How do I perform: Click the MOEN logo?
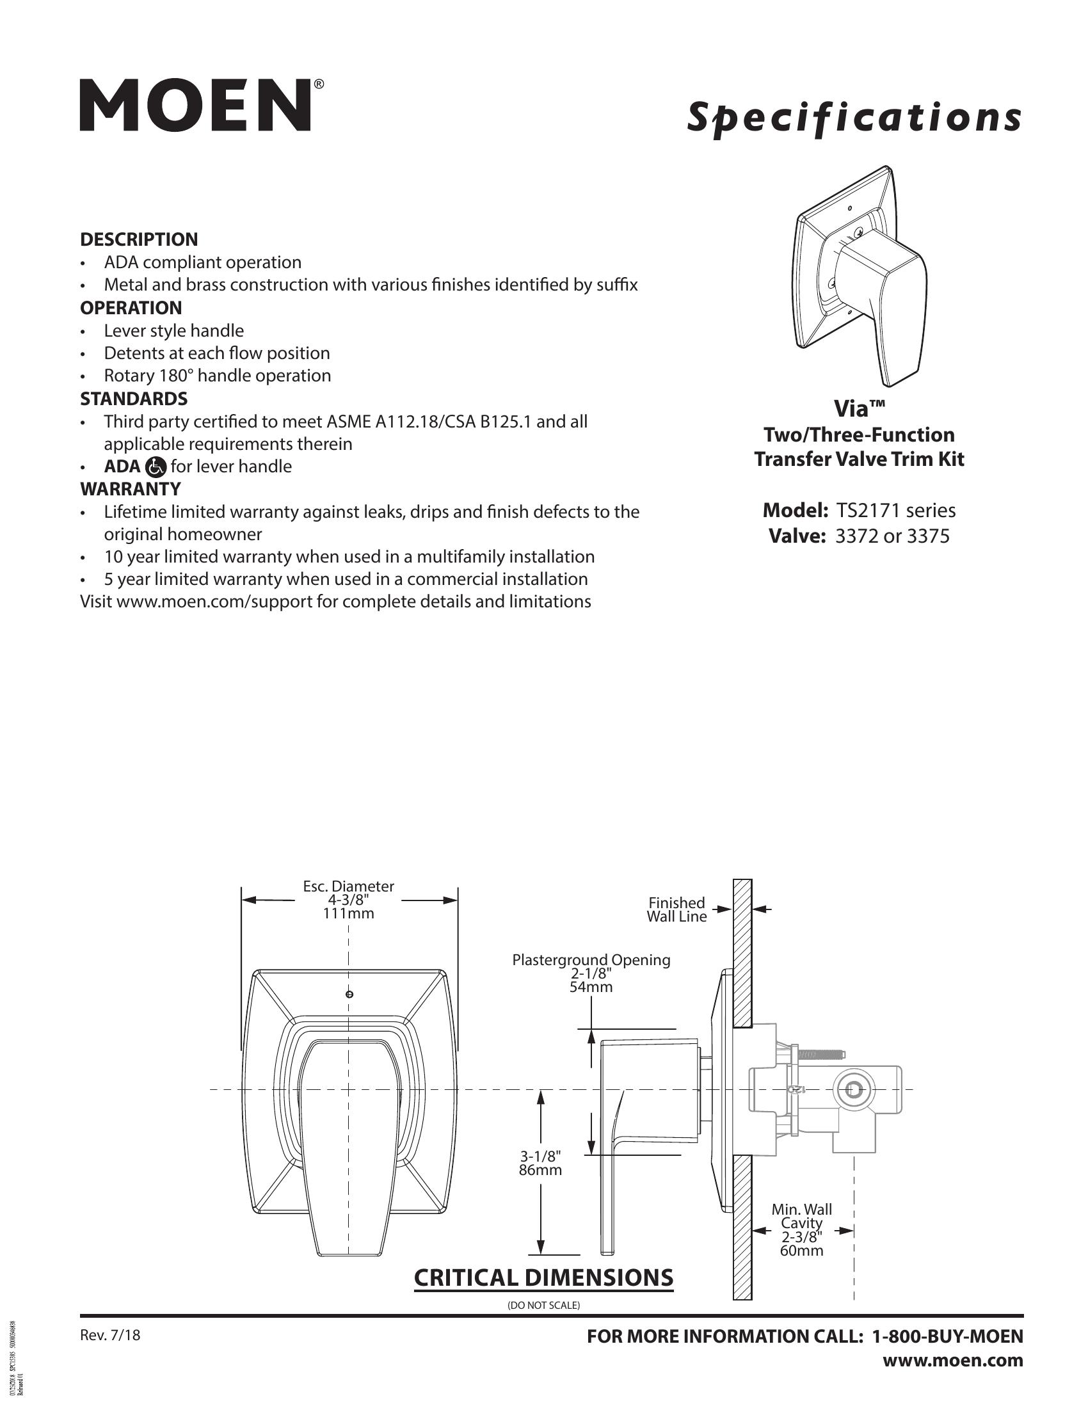(196, 105)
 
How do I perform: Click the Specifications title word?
(853, 117)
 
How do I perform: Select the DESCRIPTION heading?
(139, 239)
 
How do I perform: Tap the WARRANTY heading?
(130, 489)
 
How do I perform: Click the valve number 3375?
(927, 536)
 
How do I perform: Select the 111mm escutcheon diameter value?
(348, 913)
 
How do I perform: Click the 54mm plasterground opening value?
(591, 987)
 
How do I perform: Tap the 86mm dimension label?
(540, 1170)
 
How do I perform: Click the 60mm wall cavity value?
(801, 1251)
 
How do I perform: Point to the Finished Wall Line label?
(676, 909)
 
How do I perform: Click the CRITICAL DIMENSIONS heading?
(543, 1278)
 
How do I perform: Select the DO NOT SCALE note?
(543, 1306)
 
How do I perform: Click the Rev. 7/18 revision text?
(109, 1335)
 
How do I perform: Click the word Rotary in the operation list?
(129, 375)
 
